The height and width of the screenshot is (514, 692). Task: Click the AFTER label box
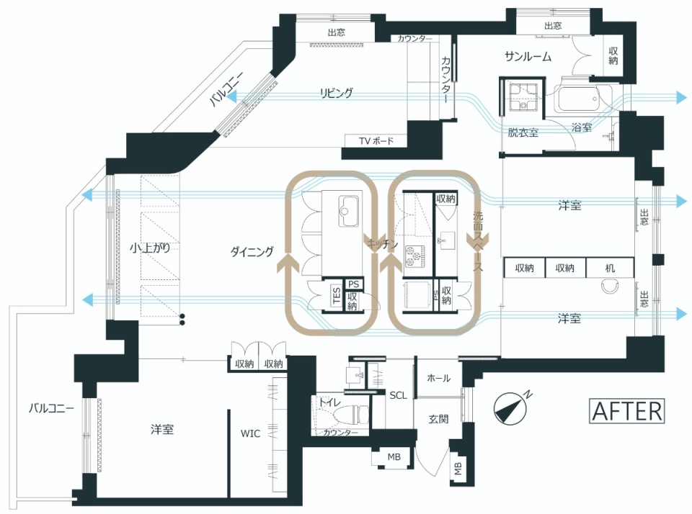[626, 411]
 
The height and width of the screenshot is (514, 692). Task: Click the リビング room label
[337, 93]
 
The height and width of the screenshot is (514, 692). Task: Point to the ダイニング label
[252, 252]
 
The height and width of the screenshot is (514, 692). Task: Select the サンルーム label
[528, 56]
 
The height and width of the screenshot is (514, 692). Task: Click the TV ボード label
[376, 141]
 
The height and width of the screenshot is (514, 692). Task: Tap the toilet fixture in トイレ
[350, 415]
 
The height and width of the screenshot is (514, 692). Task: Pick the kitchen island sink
[349, 211]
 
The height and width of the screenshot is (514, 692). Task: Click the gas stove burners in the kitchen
[415, 256]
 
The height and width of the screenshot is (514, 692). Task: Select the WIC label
[250, 433]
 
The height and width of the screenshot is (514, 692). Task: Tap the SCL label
[398, 395]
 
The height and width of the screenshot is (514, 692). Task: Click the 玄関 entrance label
[439, 419]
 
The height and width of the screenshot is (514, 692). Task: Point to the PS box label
[353, 284]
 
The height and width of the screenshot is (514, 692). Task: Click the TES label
[337, 297]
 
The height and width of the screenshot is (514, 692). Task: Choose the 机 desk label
[610, 268]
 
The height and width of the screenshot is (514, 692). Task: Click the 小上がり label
[150, 248]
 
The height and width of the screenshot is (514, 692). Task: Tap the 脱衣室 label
[523, 132]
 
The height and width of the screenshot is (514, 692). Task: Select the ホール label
[439, 378]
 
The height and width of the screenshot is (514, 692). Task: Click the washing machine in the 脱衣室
[521, 97]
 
